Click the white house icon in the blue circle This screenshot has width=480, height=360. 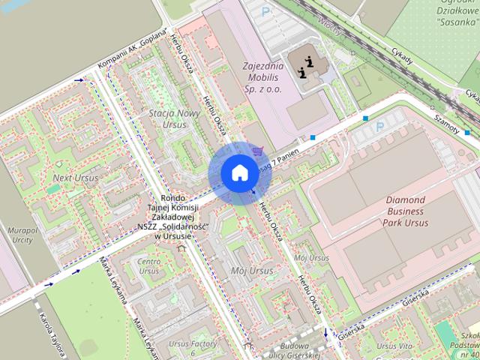click(238, 172)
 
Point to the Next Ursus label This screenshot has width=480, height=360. click(75, 178)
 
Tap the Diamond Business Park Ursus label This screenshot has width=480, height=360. click(417, 211)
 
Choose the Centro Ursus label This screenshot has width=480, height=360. click(148, 265)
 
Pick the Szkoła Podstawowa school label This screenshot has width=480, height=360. click(469, 345)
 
